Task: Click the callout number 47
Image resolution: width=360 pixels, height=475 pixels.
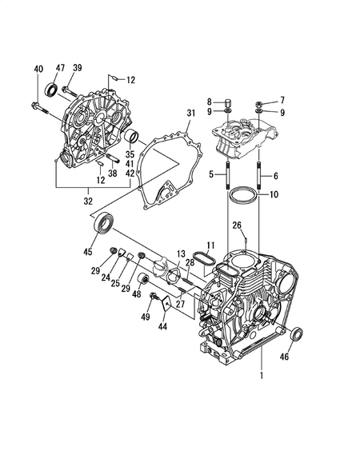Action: [x=60, y=68]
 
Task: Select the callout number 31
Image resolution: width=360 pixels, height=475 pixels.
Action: [x=190, y=113]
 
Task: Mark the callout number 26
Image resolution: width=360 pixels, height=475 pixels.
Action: [x=237, y=225]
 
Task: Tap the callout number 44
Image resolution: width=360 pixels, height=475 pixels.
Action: [x=162, y=326]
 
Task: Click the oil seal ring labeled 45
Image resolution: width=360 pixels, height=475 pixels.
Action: [x=104, y=223]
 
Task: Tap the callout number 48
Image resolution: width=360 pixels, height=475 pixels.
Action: [x=137, y=294]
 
